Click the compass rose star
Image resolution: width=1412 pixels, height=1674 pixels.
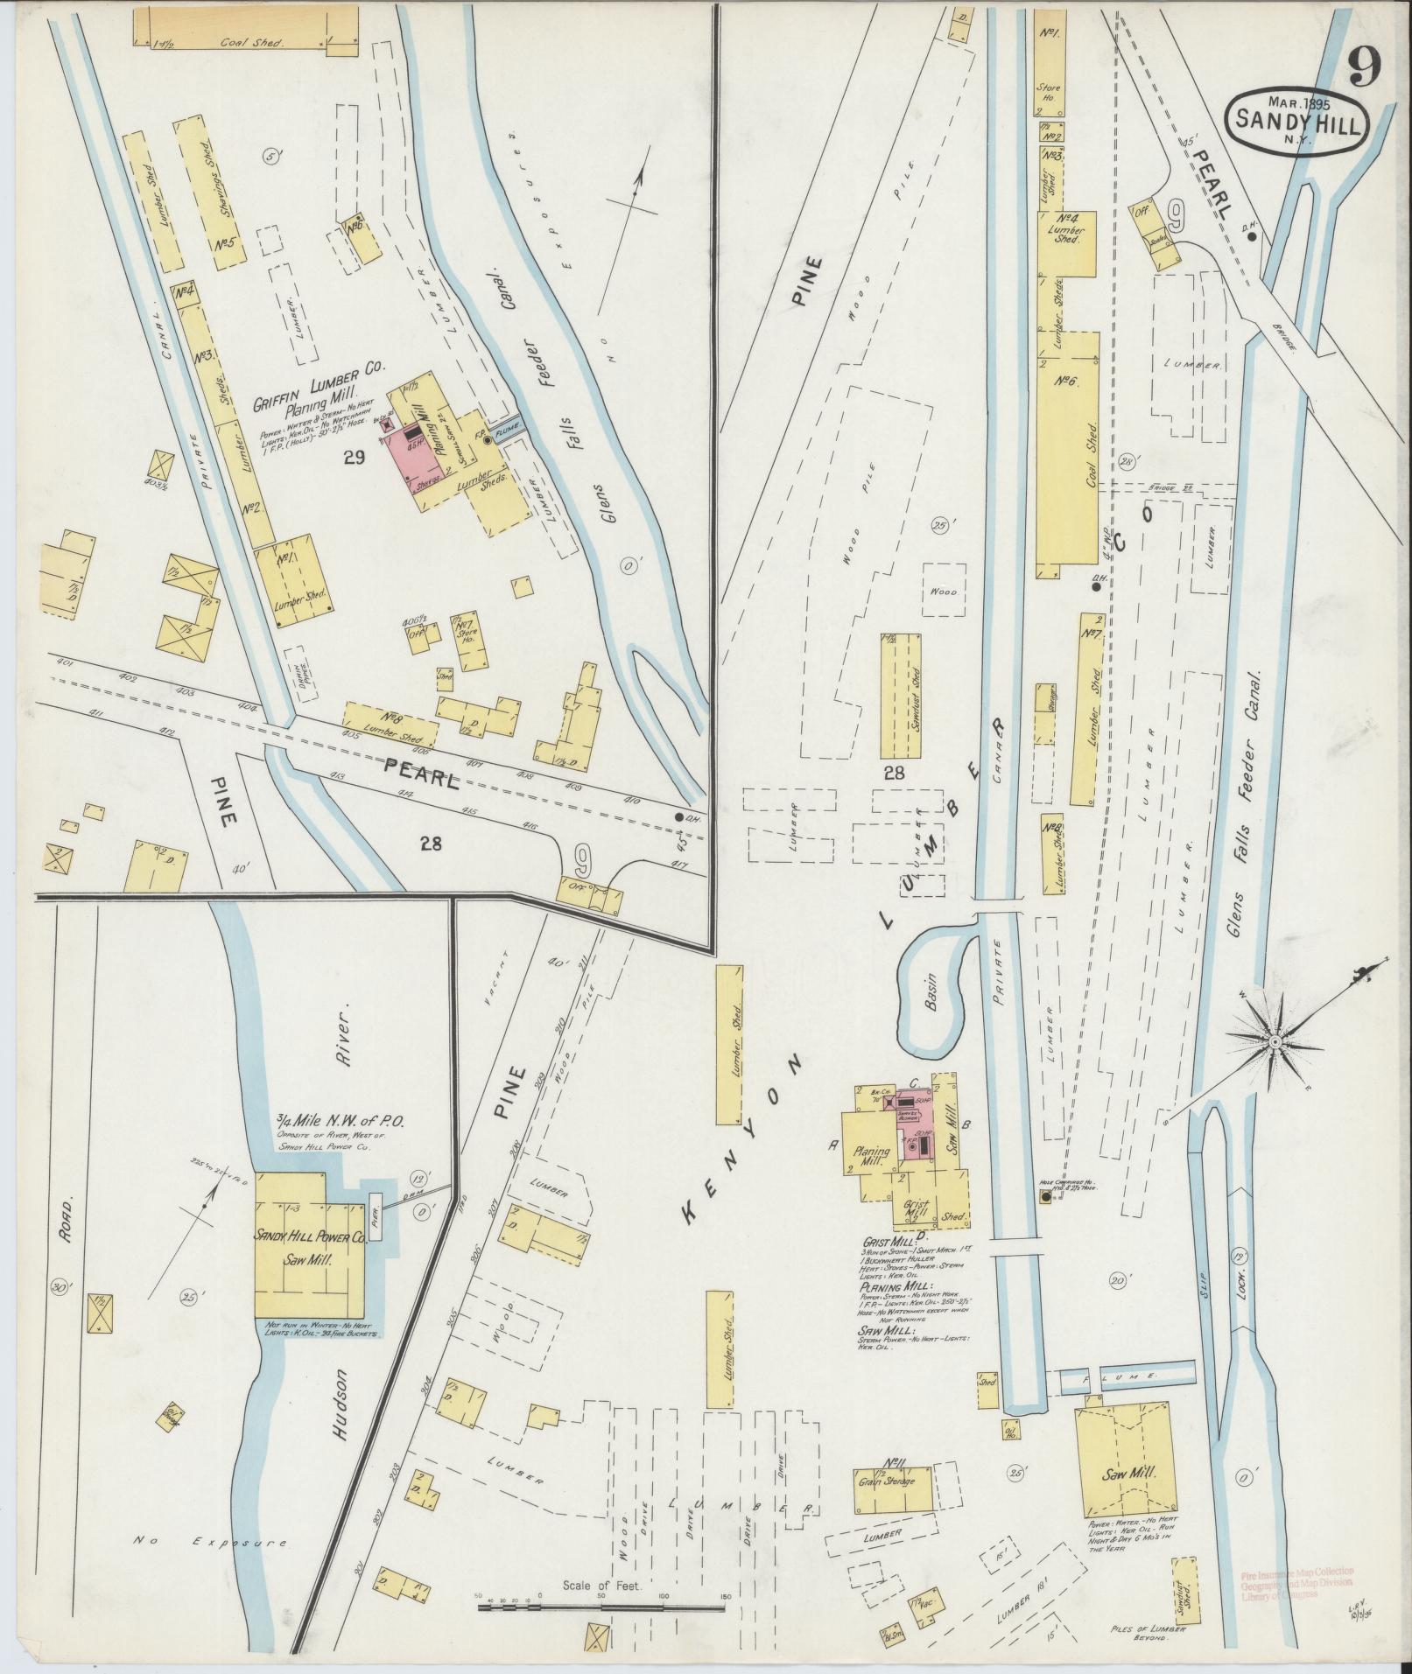pyautogui.click(x=1275, y=1042)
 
